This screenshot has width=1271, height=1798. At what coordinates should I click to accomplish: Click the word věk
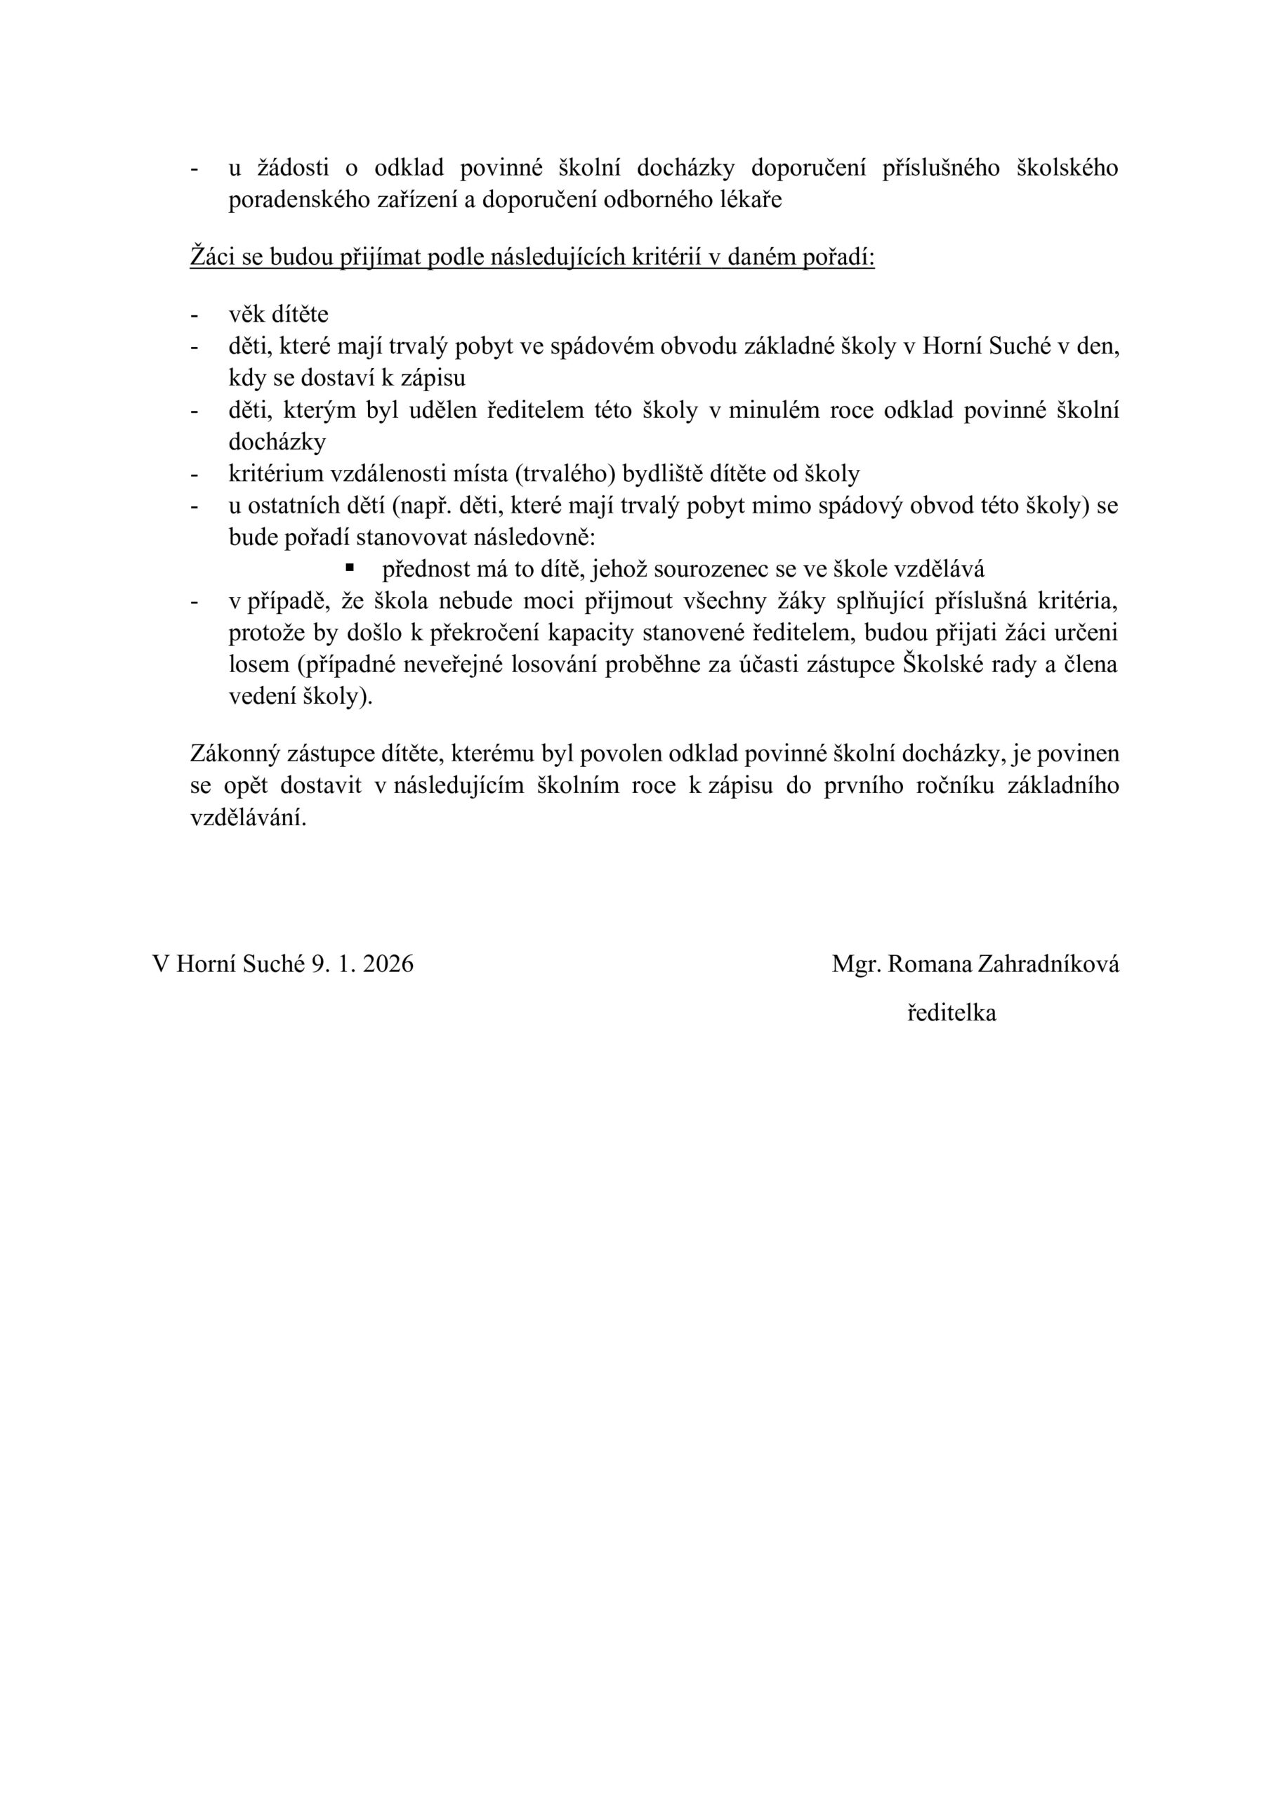tap(246, 315)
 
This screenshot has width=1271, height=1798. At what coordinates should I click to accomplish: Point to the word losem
tap(258, 666)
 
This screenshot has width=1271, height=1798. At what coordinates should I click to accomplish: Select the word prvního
tap(861, 786)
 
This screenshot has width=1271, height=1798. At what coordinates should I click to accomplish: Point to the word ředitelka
tap(951, 1013)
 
